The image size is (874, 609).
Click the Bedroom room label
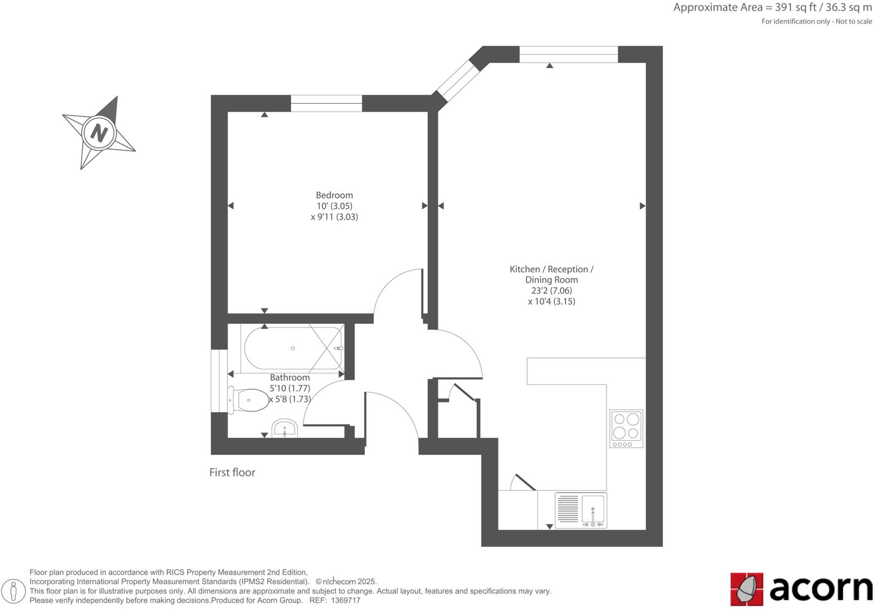(334, 195)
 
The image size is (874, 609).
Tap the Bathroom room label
(289, 377)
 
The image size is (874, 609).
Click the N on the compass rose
(99, 133)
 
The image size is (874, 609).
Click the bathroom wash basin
(285, 429)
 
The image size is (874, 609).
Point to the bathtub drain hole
(293, 348)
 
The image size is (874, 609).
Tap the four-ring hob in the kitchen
(626, 426)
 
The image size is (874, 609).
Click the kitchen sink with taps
(592, 510)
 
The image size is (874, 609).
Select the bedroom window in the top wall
(326, 103)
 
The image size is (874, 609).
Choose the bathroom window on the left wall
(219, 381)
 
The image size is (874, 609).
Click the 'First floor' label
(232, 473)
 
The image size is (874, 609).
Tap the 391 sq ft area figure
(796, 8)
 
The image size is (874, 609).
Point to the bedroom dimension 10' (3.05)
(334, 206)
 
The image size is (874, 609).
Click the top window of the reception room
(568, 54)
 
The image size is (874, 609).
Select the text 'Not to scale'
(854, 21)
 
